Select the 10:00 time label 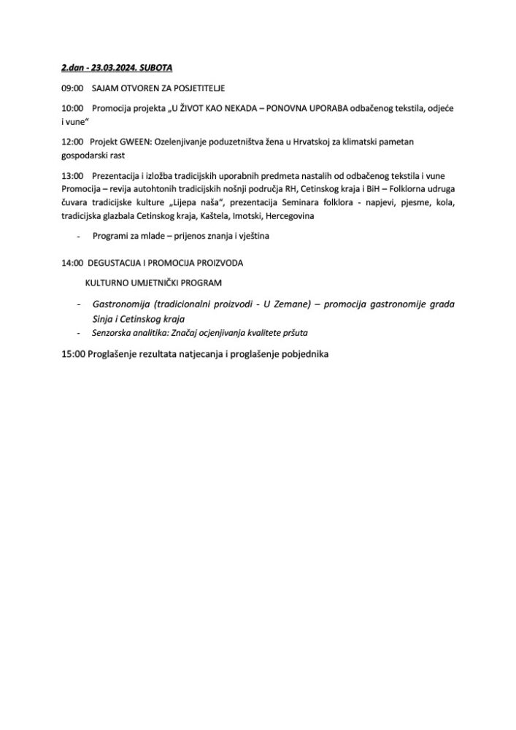73,108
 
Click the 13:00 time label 73,175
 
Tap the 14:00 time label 73,262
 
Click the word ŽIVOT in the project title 191,108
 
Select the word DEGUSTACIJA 120,262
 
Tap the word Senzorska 112,334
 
